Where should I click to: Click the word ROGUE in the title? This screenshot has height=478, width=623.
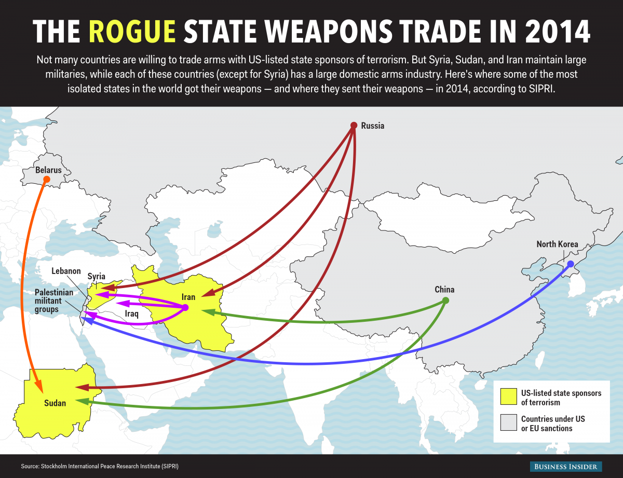click(x=132, y=32)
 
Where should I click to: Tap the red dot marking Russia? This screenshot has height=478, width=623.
click(x=354, y=125)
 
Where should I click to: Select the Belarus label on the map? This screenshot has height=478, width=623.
click(x=48, y=170)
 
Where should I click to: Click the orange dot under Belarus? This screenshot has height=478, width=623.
click(x=46, y=180)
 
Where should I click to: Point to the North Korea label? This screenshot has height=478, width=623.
click(x=557, y=244)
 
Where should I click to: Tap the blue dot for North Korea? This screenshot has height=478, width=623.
click(x=571, y=264)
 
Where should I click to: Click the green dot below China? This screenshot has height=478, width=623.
click(x=445, y=301)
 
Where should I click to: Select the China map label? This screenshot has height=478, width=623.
click(x=444, y=290)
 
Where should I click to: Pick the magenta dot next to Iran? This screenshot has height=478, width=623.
click(x=185, y=308)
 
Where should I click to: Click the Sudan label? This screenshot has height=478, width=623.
click(x=55, y=403)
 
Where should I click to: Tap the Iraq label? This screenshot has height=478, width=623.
click(x=132, y=313)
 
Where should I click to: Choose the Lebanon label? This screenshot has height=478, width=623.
click(x=66, y=271)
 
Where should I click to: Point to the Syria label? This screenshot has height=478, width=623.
click(x=97, y=276)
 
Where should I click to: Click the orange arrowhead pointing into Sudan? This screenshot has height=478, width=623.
click(x=38, y=385)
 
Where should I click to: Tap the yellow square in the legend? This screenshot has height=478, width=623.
click(x=508, y=397)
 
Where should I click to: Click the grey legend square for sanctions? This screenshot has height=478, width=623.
click(x=508, y=423)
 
